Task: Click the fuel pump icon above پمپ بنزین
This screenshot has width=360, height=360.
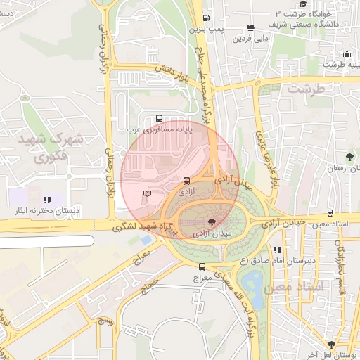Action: (x=205, y=18)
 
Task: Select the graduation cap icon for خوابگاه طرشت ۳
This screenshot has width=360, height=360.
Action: (x=303, y=4)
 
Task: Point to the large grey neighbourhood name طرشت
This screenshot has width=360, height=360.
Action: (x=308, y=90)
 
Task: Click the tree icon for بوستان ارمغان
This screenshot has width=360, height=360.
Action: (x=349, y=156)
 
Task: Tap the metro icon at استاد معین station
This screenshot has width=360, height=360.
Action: (x=330, y=213)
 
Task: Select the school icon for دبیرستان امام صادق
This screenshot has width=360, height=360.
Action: (x=278, y=250)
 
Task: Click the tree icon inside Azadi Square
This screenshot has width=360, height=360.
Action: (x=202, y=221)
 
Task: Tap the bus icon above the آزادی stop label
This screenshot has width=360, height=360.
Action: (x=186, y=181)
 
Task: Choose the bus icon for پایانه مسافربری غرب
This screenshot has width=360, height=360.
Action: (x=158, y=119)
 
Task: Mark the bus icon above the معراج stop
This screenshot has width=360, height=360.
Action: (x=202, y=266)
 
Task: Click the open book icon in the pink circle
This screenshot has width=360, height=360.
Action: (x=146, y=192)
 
